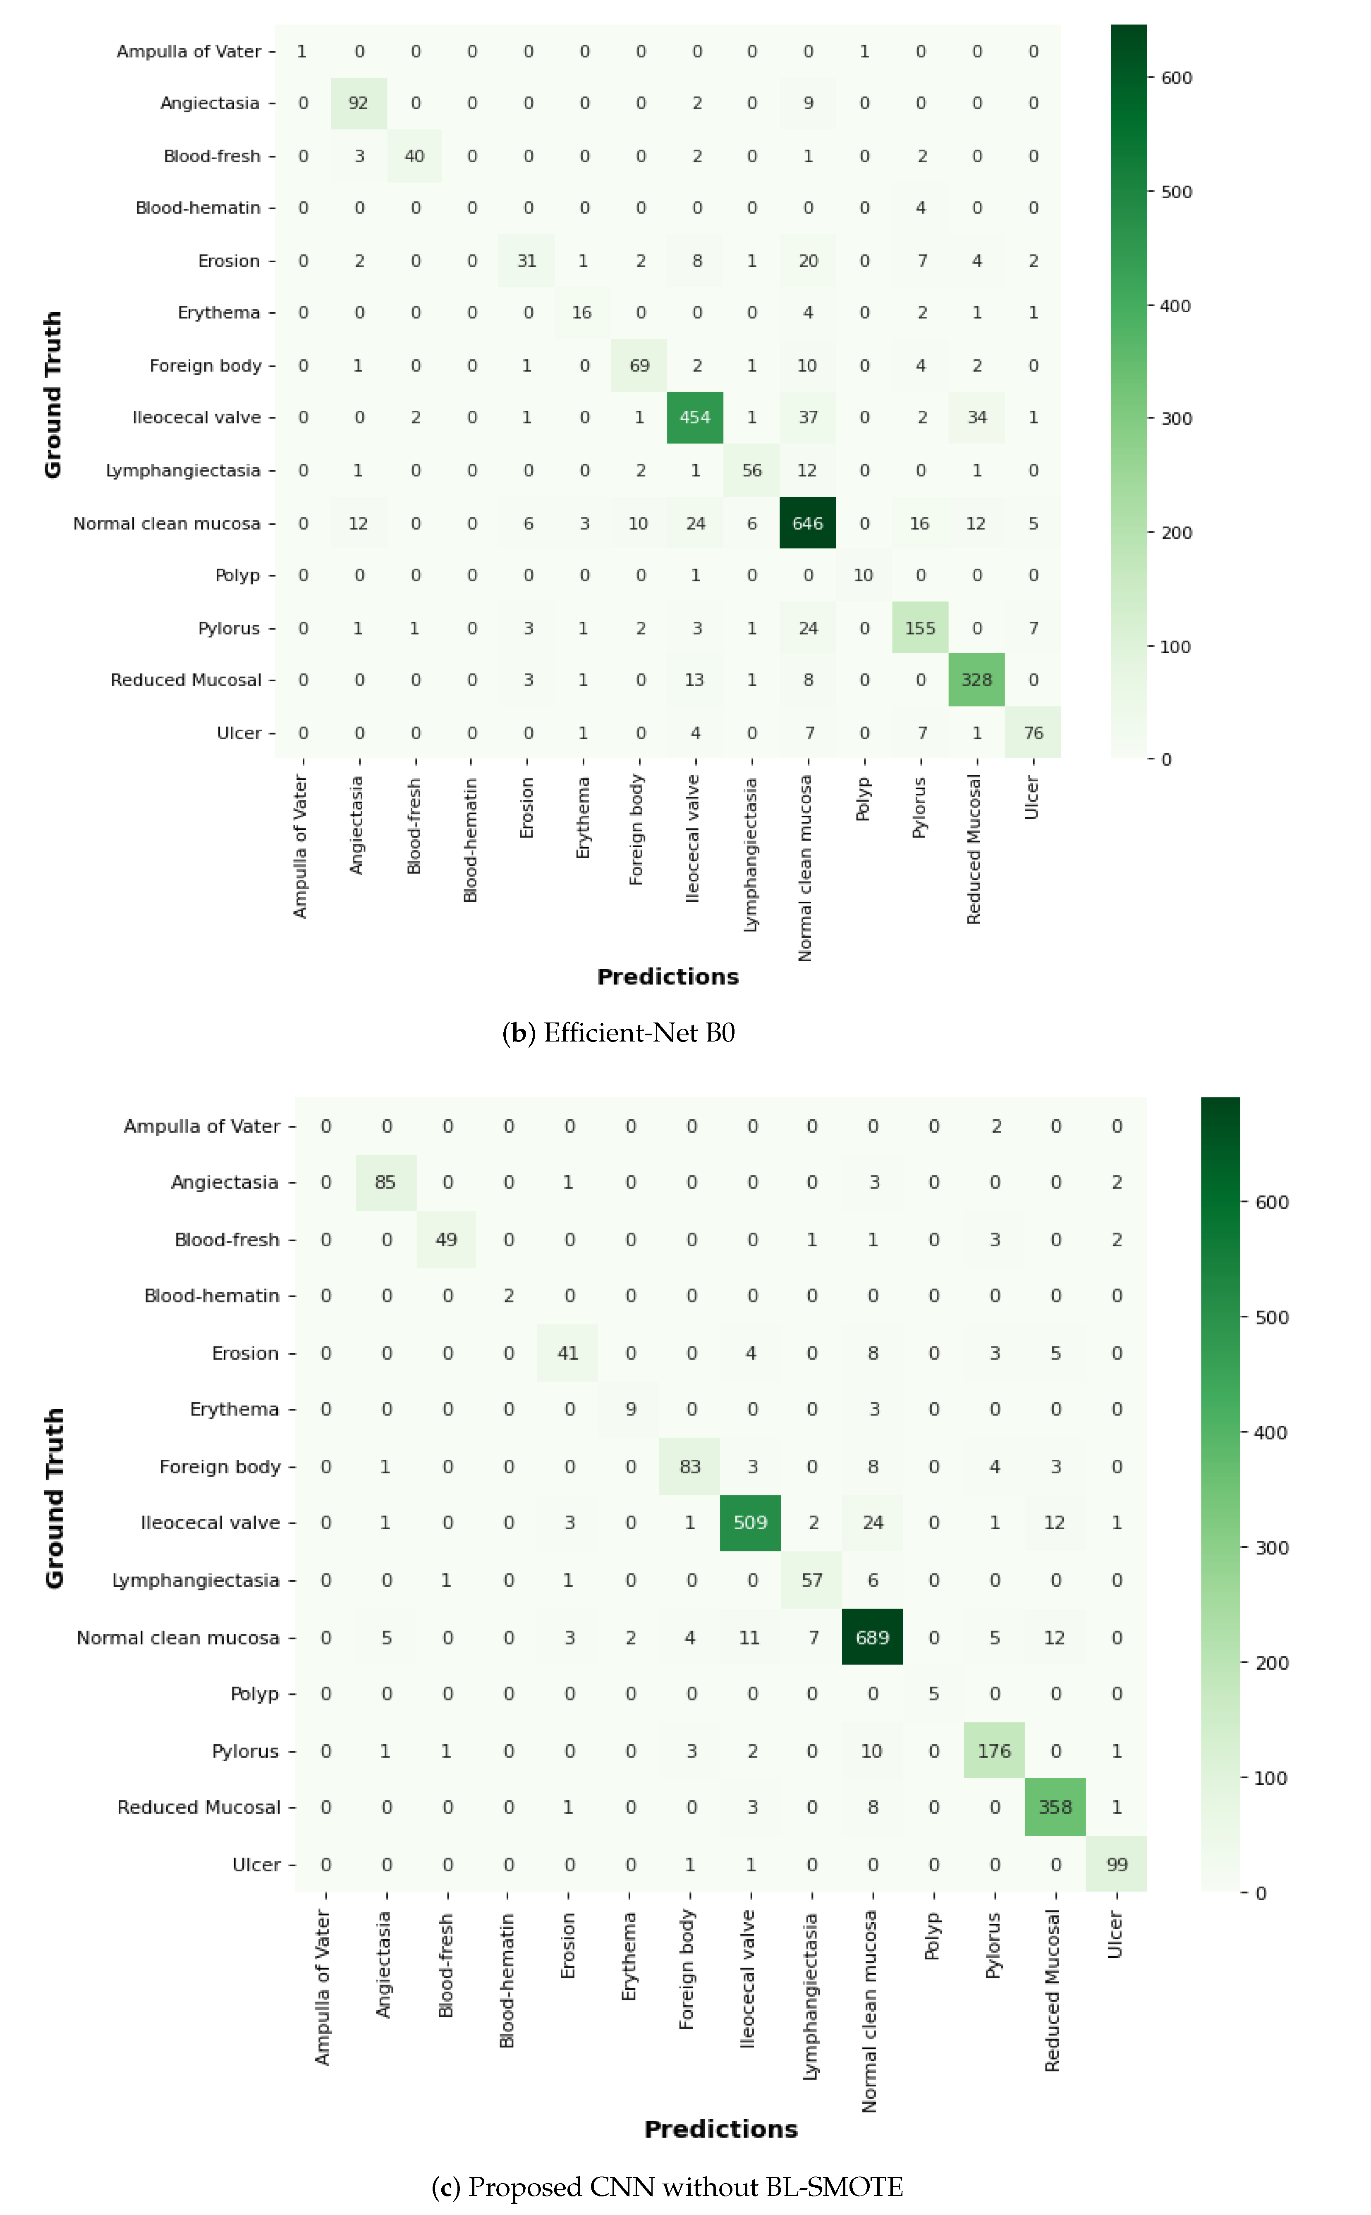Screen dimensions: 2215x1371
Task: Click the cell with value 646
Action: pyautogui.click(x=807, y=523)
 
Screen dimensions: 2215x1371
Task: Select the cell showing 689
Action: pyautogui.click(x=872, y=1638)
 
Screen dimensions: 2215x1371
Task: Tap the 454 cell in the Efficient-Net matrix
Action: pyautogui.click(x=694, y=417)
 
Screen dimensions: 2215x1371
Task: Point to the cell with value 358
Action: pyautogui.click(x=1055, y=1807)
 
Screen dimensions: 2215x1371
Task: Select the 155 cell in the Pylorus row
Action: pyautogui.click(x=919, y=627)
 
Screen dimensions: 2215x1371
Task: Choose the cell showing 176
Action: pyautogui.click(x=994, y=1751)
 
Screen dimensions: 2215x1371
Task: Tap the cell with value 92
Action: pyautogui.click(x=358, y=103)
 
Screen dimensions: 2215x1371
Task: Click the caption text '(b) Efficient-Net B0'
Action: pyautogui.click(x=618, y=1033)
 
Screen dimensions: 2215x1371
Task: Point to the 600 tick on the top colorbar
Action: pyautogui.click(x=1176, y=78)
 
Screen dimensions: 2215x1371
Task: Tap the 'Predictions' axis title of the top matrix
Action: pyautogui.click(x=668, y=977)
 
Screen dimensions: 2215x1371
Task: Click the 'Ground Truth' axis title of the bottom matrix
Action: pyautogui.click(x=55, y=1498)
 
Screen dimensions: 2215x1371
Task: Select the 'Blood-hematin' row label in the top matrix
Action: pyautogui.click(x=198, y=208)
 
